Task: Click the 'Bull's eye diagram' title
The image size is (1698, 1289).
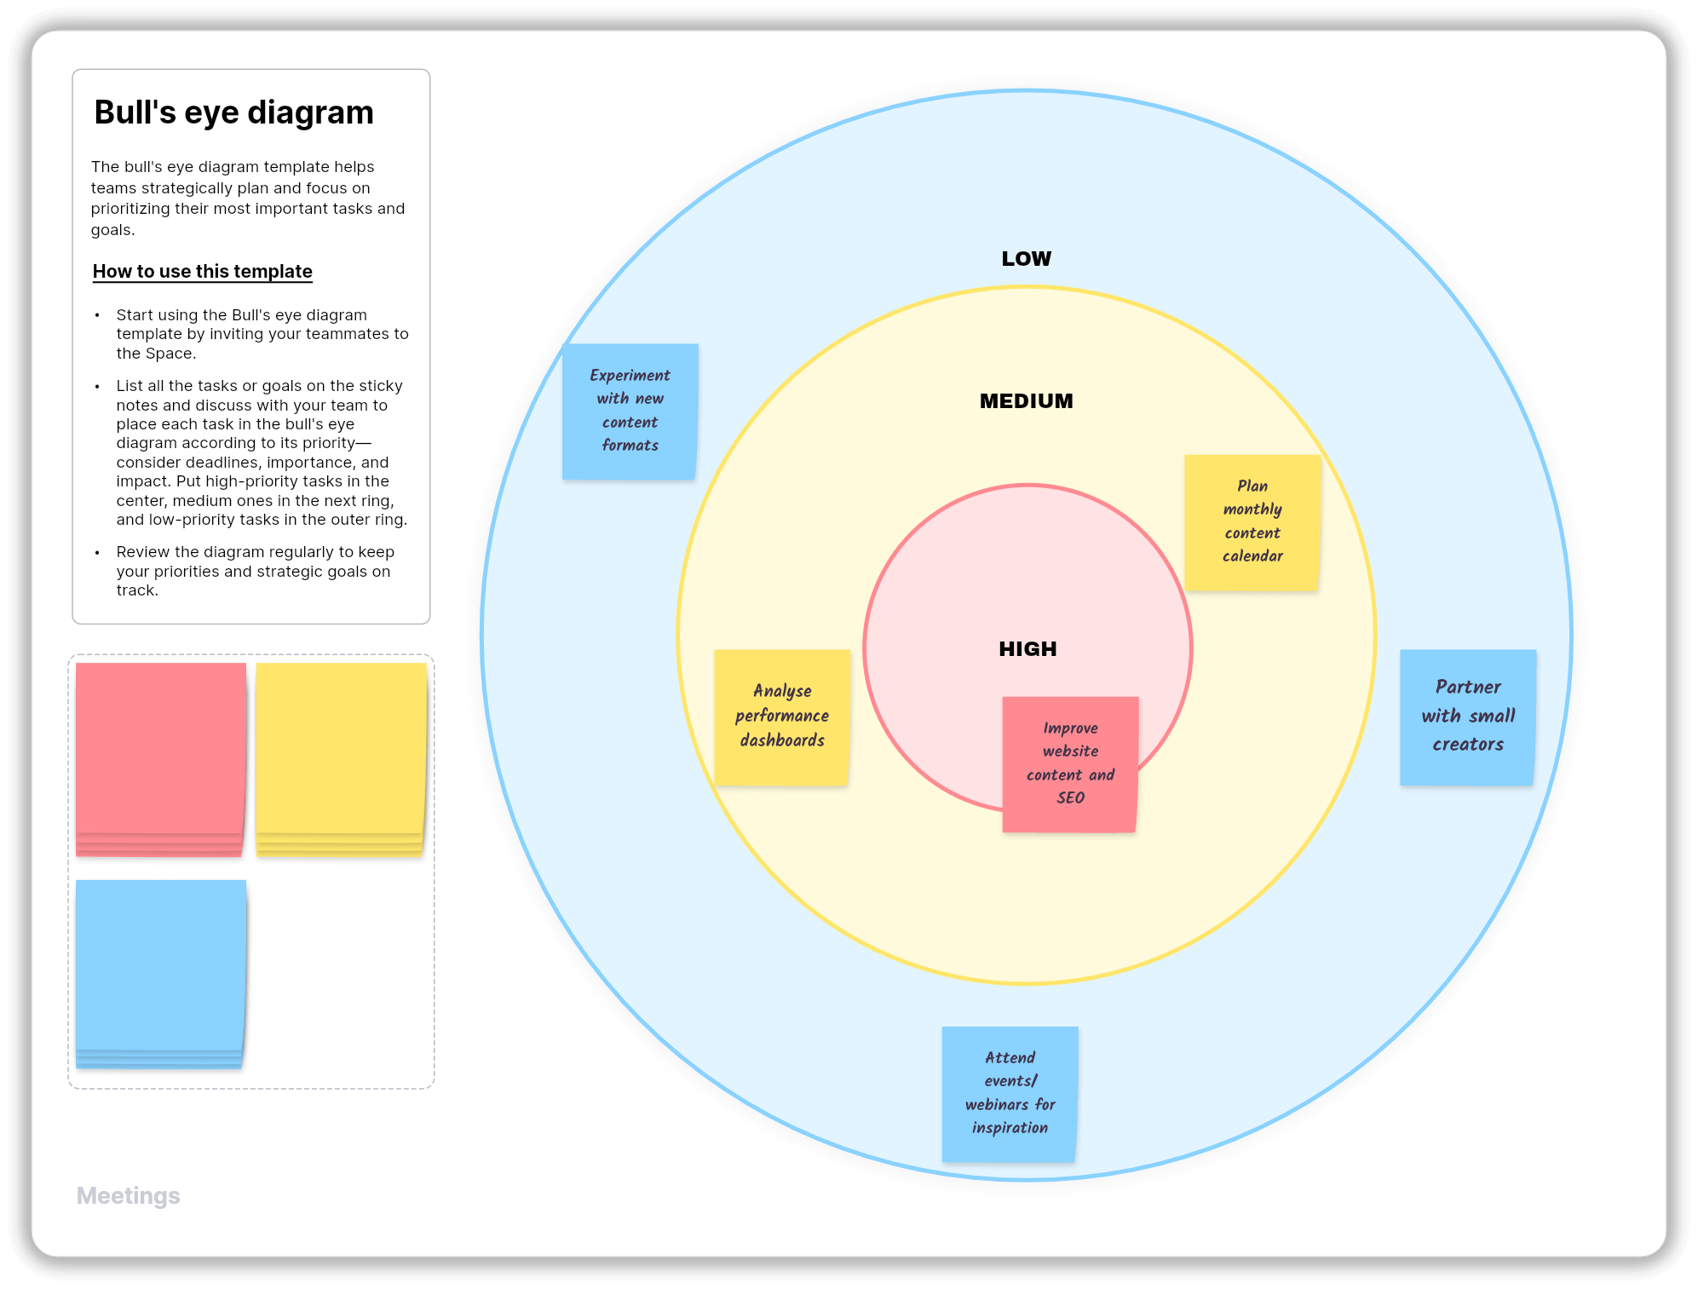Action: pos(233,112)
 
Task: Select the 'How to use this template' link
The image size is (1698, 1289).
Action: pos(203,272)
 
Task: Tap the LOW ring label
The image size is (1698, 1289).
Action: pos(1026,259)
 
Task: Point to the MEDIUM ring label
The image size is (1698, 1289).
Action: pos(1026,401)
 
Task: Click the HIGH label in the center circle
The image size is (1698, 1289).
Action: pos(1027,649)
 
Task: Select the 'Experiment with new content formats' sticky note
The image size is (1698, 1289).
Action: pos(630,411)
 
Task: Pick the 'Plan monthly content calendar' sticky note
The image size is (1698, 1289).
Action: pos(1252,522)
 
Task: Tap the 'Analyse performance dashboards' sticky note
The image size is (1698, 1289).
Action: pos(781,716)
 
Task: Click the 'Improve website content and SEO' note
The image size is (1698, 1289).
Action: pos(1070,764)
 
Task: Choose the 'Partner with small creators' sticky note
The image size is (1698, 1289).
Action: pos(1467,717)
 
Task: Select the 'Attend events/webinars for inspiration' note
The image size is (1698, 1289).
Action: pos(1010,1094)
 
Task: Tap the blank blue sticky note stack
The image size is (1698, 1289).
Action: pos(160,971)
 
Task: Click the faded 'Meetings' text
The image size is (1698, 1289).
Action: pos(129,1196)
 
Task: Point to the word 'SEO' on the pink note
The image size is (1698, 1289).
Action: pos(1070,798)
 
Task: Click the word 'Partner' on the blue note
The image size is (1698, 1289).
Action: pos(1467,688)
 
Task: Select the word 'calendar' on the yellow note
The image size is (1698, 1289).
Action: pos(1252,556)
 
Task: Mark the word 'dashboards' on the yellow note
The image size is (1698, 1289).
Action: pos(782,740)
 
